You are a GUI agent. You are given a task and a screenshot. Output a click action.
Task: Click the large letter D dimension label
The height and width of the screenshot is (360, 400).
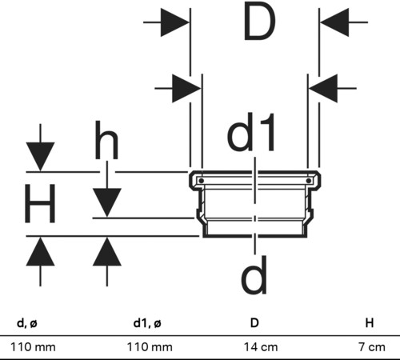[259, 22]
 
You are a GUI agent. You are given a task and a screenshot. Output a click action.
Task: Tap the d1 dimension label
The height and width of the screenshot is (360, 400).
[251, 132]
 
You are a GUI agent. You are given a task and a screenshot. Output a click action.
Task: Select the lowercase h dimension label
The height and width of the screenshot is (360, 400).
[106, 139]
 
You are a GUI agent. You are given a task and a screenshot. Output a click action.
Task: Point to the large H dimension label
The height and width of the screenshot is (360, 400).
[40, 203]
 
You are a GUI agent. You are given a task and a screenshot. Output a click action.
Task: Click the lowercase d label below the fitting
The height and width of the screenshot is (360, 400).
[254, 274]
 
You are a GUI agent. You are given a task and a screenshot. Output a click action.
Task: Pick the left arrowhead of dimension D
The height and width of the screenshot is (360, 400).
[174, 22]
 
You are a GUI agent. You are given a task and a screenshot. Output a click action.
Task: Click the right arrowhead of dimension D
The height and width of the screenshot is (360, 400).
[334, 22]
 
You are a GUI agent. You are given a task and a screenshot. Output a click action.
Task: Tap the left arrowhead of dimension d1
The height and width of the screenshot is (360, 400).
[186, 88]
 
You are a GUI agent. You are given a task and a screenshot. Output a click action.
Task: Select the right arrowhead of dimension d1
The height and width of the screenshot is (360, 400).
[323, 88]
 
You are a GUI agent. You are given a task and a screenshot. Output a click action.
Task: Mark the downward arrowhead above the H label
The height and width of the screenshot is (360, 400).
[40, 157]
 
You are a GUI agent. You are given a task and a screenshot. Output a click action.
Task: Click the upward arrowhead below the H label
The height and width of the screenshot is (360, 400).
[40, 251]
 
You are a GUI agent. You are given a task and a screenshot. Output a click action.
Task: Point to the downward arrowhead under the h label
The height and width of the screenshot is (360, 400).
[107, 202]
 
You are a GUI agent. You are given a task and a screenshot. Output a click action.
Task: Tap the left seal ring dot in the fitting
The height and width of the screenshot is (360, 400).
[202, 181]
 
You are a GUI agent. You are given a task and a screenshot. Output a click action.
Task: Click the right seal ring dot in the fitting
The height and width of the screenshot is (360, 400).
[309, 181]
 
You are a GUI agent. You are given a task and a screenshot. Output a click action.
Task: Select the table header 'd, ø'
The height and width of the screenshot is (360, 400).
[27, 323]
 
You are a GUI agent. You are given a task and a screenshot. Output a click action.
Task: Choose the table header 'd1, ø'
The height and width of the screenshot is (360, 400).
[147, 323]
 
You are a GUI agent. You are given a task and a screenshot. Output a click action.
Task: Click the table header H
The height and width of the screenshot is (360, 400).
[370, 323]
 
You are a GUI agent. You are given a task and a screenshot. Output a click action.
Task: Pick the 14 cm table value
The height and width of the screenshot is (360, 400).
[261, 347]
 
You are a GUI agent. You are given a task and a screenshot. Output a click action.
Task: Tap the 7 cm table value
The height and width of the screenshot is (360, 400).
[372, 347]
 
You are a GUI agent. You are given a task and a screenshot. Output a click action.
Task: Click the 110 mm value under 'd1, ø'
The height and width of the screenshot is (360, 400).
[150, 347]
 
